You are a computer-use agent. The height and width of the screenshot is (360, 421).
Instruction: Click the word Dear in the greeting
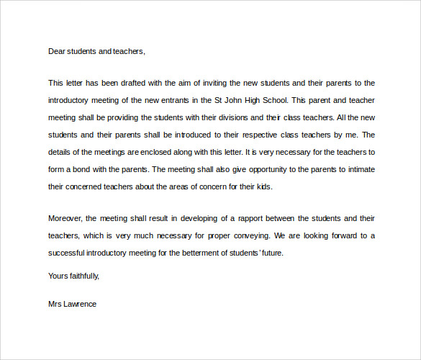coord(57,51)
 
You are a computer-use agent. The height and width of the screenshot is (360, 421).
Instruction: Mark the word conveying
coord(252,235)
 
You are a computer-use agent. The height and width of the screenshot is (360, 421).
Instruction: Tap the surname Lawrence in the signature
coord(80,304)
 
